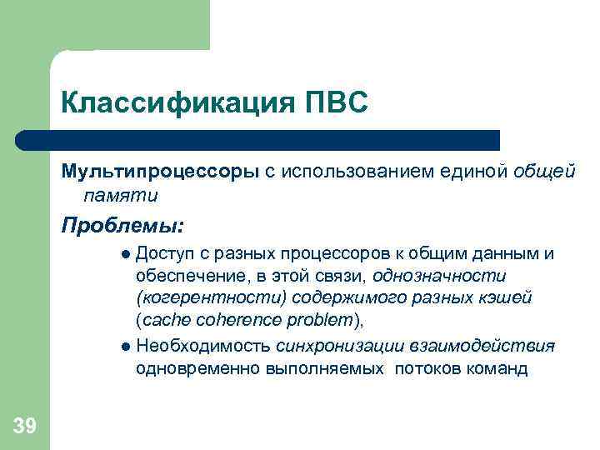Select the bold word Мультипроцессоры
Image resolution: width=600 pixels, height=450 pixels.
(x=160, y=171)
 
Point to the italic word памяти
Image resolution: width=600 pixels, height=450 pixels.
(x=120, y=195)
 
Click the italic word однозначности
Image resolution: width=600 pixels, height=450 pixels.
(x=439, y=276)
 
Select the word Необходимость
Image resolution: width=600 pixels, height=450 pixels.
(x=203, y=346)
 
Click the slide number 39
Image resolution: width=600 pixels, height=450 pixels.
(x=25, y=427)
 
